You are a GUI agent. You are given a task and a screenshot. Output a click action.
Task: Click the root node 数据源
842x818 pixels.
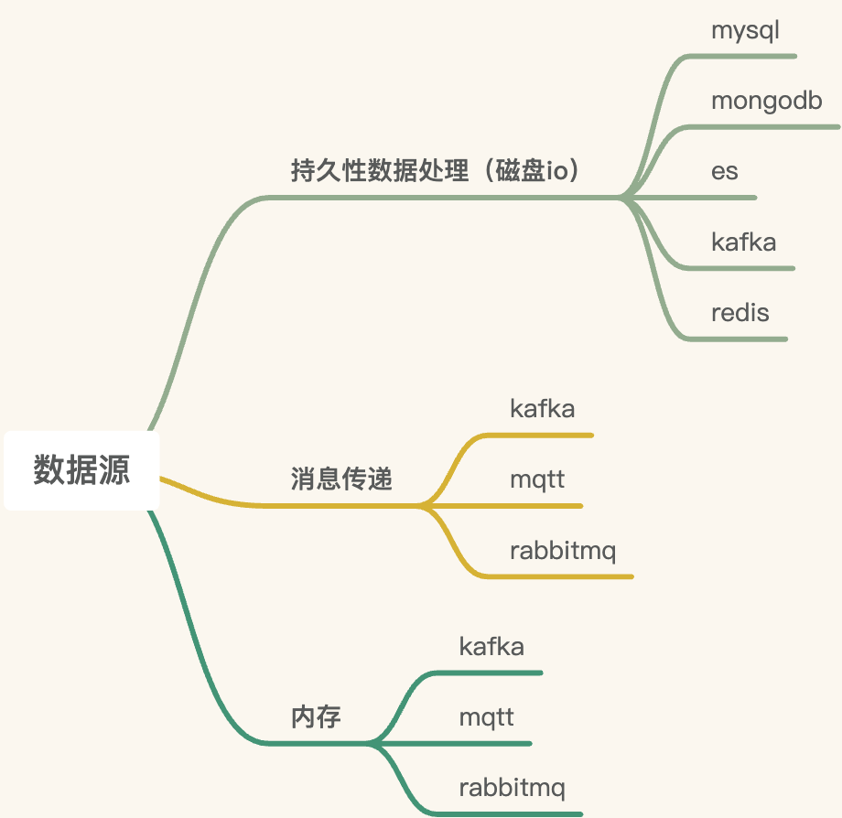[x=81, y=470]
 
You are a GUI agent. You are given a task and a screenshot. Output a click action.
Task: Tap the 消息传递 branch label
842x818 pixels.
[x=341, y=479]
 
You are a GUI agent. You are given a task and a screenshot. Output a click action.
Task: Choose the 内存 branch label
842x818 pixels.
[x=316, y=716]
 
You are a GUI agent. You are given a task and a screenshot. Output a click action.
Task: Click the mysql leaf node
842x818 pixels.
[x=745, y=30]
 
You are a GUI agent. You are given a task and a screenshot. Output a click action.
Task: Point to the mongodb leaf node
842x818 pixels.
[x=767, y=101]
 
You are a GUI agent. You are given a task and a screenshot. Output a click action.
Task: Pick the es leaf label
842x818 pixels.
[x=724, y=171]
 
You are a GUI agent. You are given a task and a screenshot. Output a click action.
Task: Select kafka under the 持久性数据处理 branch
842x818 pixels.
[x=743, y=242]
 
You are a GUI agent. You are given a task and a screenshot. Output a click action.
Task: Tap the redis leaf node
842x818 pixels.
[x=739, y=313]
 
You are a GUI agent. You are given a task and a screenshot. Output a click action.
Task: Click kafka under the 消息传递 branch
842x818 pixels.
[x=543, y=408]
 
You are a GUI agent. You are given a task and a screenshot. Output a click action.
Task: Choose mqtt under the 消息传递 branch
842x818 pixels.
[x=537, y=479]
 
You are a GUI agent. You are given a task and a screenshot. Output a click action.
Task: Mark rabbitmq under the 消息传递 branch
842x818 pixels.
[x=563, y=552]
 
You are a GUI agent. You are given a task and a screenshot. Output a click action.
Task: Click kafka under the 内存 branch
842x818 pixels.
[x=491, y=647]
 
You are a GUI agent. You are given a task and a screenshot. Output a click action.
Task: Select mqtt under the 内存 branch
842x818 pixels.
[x=486, y=716]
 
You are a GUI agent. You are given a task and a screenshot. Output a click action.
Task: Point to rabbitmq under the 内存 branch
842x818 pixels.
[x=512, y=788]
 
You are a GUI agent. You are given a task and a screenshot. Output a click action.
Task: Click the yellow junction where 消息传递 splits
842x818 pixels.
[x=423, y=505]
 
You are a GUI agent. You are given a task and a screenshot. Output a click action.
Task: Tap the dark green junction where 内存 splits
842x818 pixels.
[x=372, y=743]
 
